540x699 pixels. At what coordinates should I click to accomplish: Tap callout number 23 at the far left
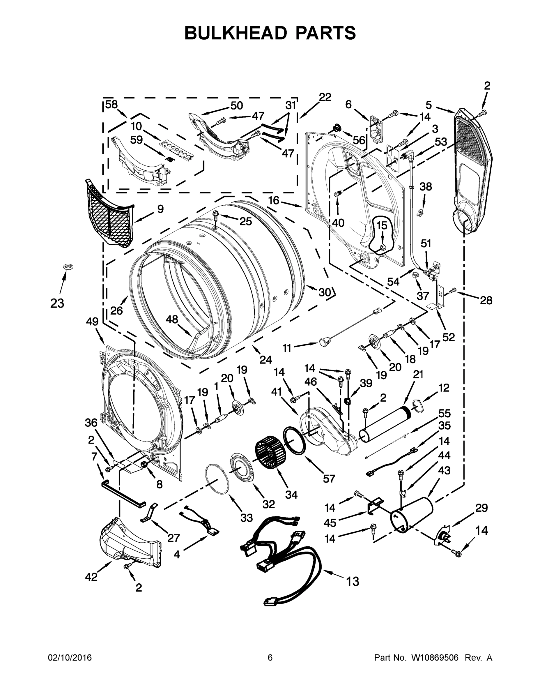(x=57, y=303)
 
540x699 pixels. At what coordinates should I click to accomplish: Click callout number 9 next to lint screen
(x=160, y=209)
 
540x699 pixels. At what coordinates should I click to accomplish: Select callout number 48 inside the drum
(x=172, y=319)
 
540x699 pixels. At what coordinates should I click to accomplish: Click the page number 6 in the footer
(x=270, y=658)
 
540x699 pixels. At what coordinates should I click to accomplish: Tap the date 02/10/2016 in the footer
(x=70, y=658)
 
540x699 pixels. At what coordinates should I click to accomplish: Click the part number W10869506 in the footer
(x=435, y=658)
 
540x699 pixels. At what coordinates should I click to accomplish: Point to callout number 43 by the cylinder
(x=444, y=470)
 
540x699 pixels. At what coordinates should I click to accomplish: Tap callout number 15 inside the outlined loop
(x=382, y=226)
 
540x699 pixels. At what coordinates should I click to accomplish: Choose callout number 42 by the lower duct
(x=91, y=577)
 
